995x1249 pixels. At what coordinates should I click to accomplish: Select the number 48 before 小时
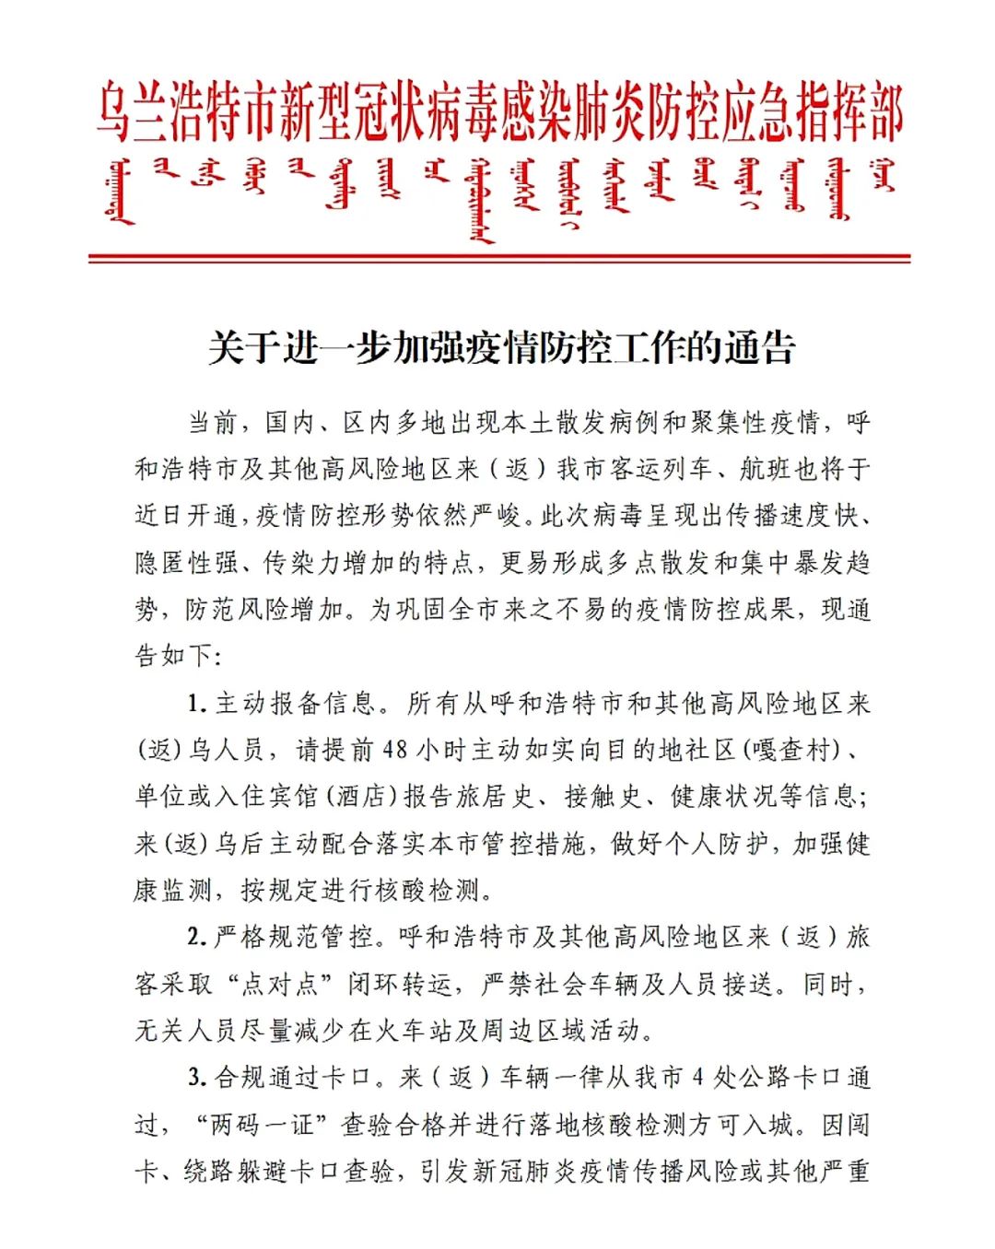pos(393,750)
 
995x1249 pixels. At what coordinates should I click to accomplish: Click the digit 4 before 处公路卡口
pos(698,1077)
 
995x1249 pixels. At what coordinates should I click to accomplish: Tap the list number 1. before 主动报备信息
pos(196,704)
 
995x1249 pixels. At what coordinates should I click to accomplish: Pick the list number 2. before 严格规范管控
pos(196,937)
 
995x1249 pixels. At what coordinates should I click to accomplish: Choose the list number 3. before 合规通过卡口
pos(196,1077)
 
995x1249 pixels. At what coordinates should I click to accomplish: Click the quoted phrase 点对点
pos(279,984)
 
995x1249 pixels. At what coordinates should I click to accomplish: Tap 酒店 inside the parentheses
pos(359,796)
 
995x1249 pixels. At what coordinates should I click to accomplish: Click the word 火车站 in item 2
pos(413,1030)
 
